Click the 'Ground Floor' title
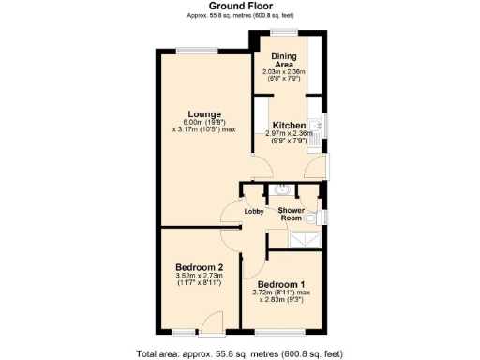click(240, 7)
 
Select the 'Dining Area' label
click(284, 61)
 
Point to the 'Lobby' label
click(253, 211)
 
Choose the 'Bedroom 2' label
click(199, 267)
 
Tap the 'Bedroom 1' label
click(281, 283)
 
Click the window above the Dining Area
click(283, 35)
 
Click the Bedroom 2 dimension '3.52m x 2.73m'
click(199, 276)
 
